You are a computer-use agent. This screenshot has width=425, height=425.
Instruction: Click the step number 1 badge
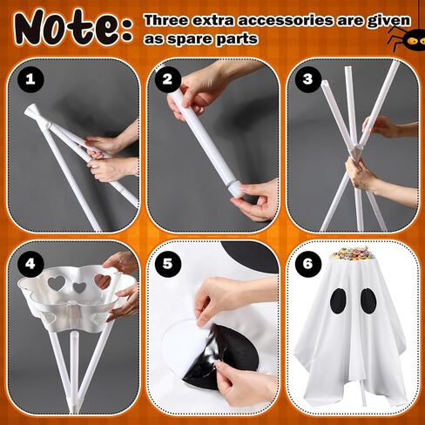pyautogui.click(x=30, y=79)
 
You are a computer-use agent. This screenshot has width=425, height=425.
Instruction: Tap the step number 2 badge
pyautogui.click(x=167, y=79)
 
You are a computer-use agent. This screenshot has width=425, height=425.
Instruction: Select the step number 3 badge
pyautogui.click(x=308, y=79)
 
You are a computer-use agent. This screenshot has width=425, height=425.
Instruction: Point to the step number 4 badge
pyautogui.click(x=30, y=264)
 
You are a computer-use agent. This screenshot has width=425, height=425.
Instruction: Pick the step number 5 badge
pyautogui.click(x=167, y=264)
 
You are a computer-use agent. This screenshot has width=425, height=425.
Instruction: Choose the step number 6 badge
pyautogui.click(x=308, y=264)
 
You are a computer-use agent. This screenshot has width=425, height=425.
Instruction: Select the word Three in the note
pyautogui.click(x=166, y=20)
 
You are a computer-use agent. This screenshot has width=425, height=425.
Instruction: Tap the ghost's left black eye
pyautogui.click(x=339, y=301)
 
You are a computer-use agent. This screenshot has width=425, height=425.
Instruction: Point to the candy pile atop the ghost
pyautogui.click(x=352, y=253)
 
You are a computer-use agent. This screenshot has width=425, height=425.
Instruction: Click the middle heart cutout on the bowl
pyautogui.click(x=79, y=287)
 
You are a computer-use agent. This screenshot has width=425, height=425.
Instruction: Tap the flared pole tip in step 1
pyautogui.click(x=30, y=111)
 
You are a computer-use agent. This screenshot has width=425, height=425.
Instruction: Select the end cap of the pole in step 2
pyautogui.click(x=235, y=190)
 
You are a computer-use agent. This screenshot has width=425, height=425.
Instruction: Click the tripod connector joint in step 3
pyautogui.click(x=357, y=151)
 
